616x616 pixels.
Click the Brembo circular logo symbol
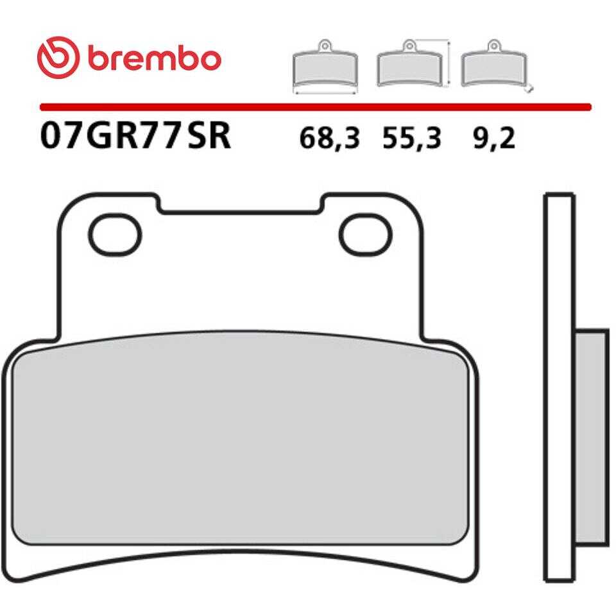[x=58, y=58]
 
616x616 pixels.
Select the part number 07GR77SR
[x=135, y=136]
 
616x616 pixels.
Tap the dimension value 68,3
[x=329, y=139]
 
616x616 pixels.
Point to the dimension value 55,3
[x=412, y=139]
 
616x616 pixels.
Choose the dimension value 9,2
[x=494, y=139]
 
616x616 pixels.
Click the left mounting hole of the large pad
[x=115, y=235]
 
